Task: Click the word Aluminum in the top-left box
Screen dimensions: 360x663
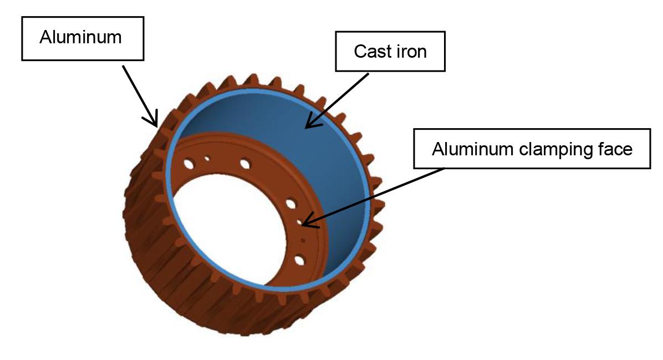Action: (x=81, y=38)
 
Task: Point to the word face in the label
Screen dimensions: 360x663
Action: (x=613, y=149)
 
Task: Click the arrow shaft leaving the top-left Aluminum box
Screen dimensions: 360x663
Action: (x=139, y=92)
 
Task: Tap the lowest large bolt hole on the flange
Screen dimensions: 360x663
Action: (x=299, y=259)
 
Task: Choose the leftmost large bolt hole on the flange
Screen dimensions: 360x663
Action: (x=188, y=164)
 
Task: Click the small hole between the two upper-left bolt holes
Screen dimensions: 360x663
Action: (x=207, y=158)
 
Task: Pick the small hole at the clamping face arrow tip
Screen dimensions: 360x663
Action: (x=300, y=222)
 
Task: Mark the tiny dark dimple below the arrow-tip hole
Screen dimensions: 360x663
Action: (x=303, y=241)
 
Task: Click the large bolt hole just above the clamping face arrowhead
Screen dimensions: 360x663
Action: (x=290, y=204)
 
